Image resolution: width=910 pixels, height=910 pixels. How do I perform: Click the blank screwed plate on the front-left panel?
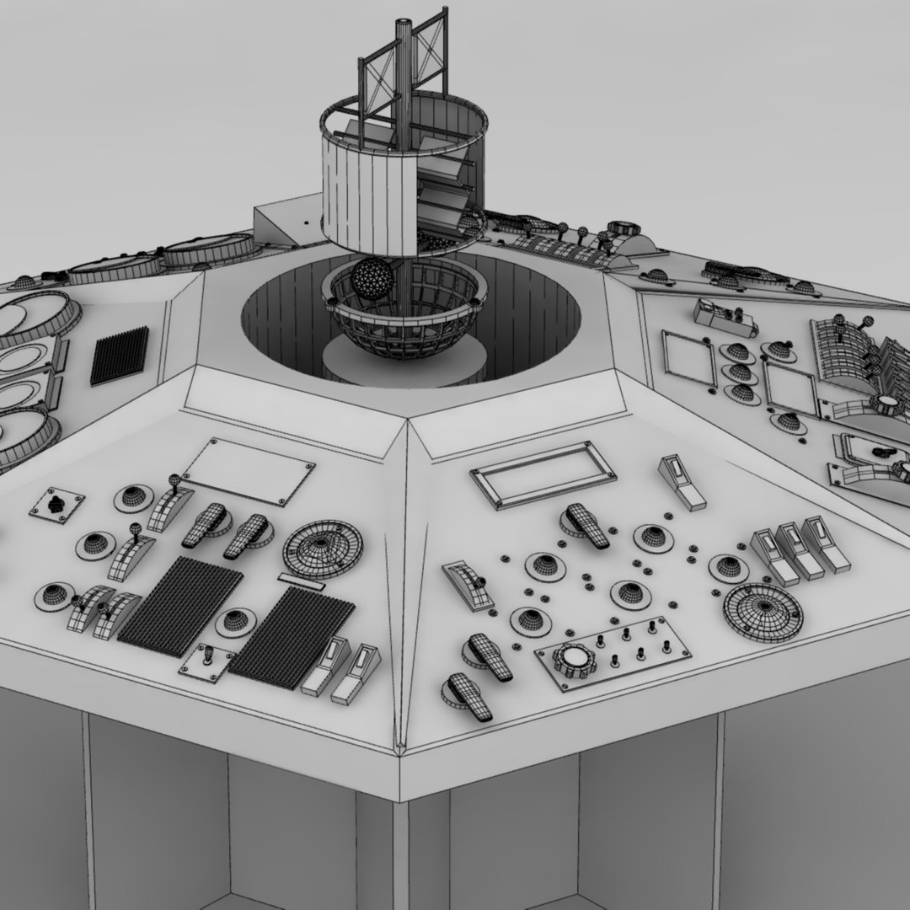tap(249, 471)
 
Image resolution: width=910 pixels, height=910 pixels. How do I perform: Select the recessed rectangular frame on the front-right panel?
tap(543, 474)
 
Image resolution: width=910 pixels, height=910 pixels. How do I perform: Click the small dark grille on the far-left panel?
tap(119, 356)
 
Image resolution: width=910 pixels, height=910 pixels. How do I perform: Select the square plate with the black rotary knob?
tap(57, 505)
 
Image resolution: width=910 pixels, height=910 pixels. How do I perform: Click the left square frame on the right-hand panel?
tap(688, 358)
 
